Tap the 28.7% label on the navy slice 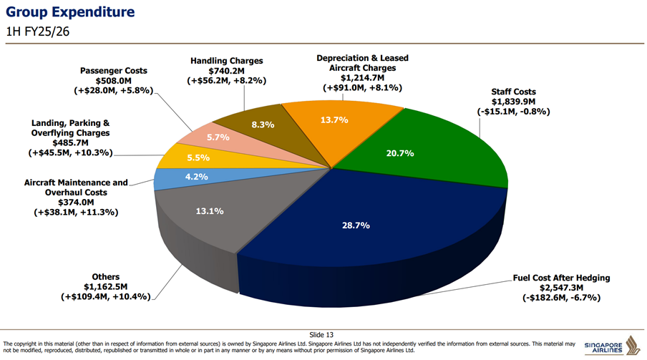(x=356, y=225)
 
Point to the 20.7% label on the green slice (x=400, y=153)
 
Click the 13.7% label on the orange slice (x=334, y=120)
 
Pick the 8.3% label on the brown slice (x=263, y=125)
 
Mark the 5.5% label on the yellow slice (x=198, y=157)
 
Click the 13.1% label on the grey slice (x=210, y=211)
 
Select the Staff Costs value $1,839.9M (x=513, y=102)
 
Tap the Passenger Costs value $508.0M (x=114, y=81)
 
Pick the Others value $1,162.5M (x=106, y=286)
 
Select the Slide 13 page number (x=321, y=334)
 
